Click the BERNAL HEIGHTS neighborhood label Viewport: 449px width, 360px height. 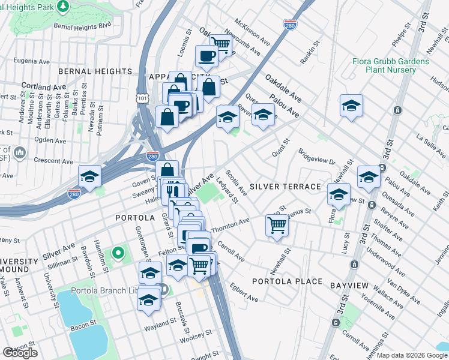click(95, 71)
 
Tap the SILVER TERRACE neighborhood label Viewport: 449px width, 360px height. click(285, 187)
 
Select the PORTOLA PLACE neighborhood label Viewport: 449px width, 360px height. click(288, 281)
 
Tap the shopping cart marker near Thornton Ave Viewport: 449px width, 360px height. click(277, 225)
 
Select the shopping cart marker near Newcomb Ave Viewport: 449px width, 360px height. click(221, 43)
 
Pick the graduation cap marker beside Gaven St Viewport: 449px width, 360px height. click(89, 176)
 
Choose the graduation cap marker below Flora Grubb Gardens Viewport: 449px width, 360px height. click(351, 106)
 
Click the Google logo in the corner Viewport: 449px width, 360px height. click(20, 353)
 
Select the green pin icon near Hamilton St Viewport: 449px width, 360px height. click(118, 254)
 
